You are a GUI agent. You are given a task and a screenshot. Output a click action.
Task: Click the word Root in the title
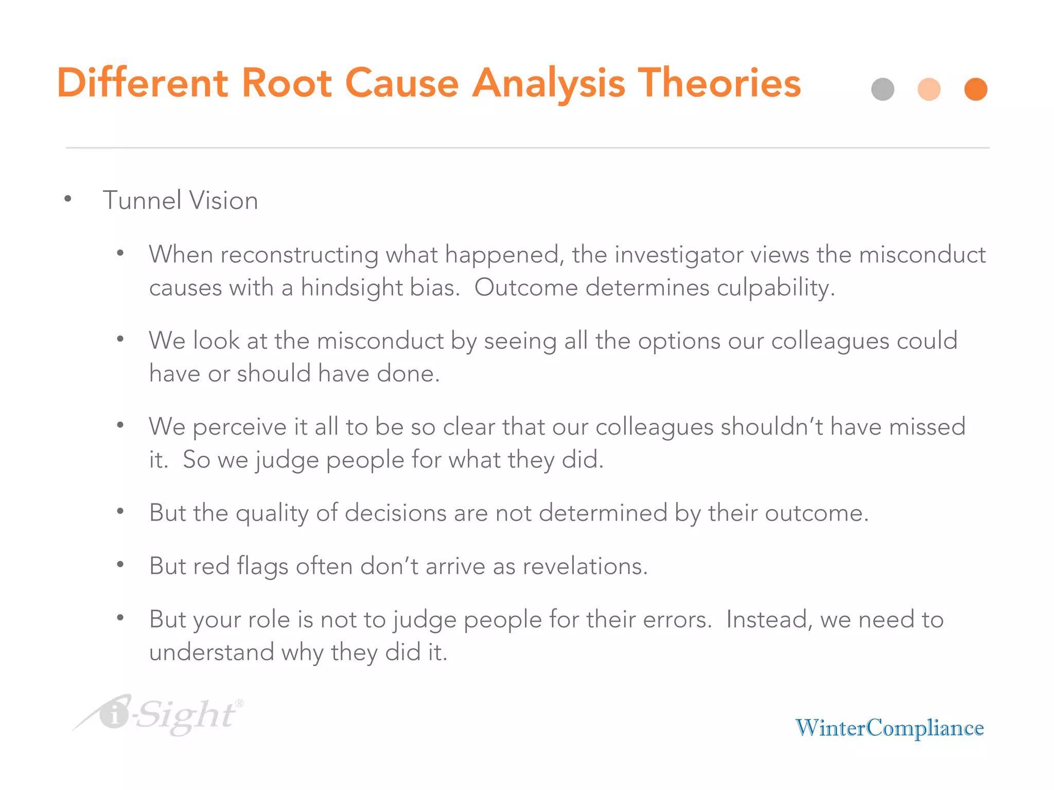click(286, 83)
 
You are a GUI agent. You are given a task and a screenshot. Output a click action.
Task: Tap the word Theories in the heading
click(719, 83)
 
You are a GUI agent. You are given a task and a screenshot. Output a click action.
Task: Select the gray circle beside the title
click(883, 89)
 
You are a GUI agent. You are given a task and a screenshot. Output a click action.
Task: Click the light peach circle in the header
click(929, 89)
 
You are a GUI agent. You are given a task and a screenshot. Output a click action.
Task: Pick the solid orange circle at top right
click(976, 89)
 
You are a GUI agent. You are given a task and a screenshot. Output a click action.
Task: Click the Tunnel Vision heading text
click(180, 200)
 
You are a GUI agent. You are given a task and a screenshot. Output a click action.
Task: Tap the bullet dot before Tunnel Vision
click(68, 200)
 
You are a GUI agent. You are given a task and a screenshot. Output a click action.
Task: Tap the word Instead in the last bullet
click(765, 620)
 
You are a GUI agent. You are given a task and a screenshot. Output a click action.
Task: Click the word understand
click(211, 652)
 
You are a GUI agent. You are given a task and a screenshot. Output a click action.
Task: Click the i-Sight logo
click(160, 715)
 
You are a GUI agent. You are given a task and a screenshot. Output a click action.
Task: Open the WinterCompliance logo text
click(889, 728)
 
